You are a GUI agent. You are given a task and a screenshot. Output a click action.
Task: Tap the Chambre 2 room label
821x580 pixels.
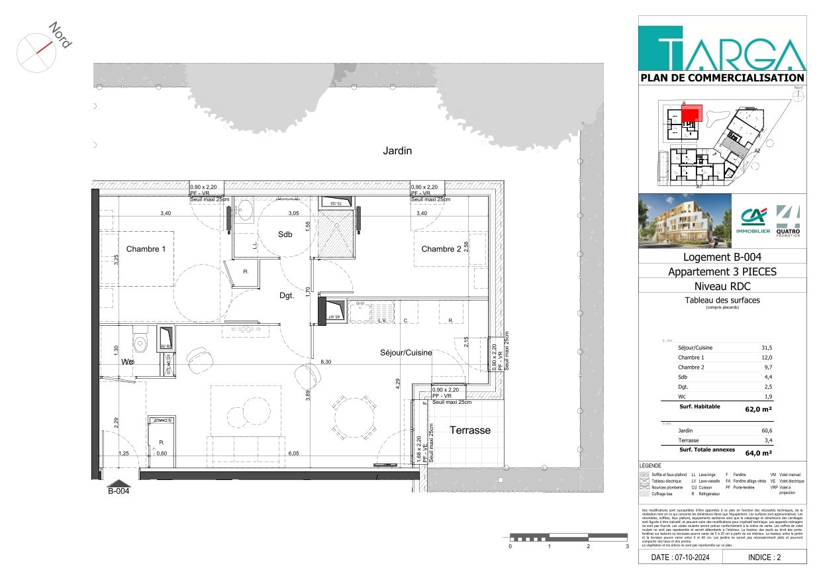441,249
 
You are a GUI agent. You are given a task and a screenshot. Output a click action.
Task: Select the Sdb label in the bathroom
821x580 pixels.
285,234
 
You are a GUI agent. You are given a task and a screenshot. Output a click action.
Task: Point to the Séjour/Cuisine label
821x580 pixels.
406,353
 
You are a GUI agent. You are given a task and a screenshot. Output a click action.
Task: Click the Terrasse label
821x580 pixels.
470,430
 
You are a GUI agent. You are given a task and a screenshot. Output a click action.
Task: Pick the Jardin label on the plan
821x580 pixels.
397,151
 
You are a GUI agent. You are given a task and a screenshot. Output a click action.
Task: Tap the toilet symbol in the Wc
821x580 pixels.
140,343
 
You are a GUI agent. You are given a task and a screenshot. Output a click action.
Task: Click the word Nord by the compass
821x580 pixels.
60,35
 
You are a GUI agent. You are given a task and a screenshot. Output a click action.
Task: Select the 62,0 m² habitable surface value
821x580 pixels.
758,409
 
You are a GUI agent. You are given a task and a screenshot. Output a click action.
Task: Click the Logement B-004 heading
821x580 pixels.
722,257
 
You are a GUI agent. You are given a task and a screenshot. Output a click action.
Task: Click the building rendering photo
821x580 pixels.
685,220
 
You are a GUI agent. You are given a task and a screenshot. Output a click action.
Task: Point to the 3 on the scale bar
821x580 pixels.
626,547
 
